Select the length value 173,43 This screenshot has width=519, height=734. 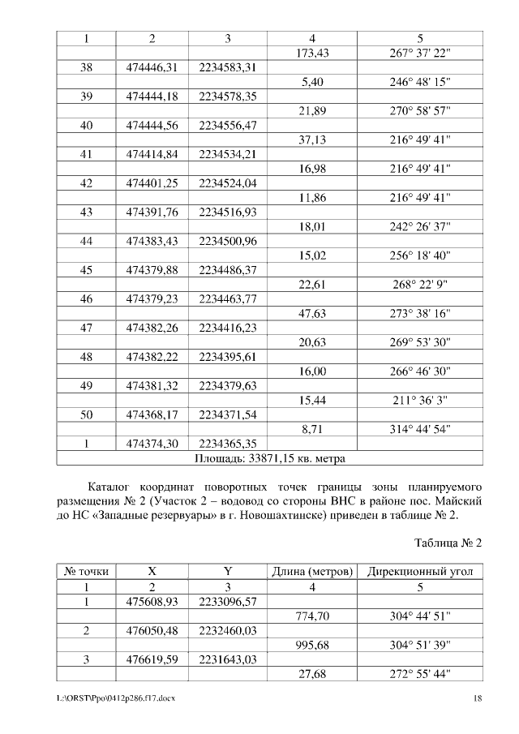(312, 53)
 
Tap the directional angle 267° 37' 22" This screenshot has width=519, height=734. (420, 53)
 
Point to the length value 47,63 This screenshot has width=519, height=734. (312, 313)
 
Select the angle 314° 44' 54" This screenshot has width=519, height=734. (420, 429)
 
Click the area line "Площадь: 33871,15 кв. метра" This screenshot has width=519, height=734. (270, 459)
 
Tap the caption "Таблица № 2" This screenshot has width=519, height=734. (448, 543)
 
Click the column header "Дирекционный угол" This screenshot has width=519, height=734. (420, 572)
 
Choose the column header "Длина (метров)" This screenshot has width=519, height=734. (312, 572)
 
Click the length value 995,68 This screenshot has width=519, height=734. (312, 646)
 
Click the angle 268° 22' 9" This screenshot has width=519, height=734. (420, 284)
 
